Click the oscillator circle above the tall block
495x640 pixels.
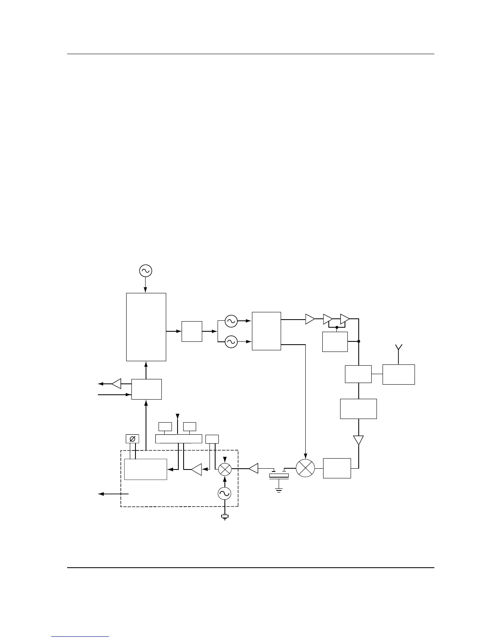[145, 271]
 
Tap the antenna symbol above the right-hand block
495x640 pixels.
[398, 350]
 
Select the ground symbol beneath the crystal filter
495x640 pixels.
[279, 490]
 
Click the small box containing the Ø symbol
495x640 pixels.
[132, 439]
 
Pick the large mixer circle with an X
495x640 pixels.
[305, 468]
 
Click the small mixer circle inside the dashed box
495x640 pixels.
[224, 469]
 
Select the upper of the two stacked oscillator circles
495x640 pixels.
[231, 321]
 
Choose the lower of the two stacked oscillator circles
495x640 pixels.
[231, 342]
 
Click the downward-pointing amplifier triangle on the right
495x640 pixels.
[358, 440]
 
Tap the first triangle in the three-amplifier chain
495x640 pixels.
[310, 319]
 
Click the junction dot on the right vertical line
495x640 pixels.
[359, 341]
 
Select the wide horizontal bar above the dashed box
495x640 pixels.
[179, 439]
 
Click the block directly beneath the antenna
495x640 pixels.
[398, 375]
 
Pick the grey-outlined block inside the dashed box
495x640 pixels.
[146, 469]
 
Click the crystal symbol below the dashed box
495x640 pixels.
[224, 516]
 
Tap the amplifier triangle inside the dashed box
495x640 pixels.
[197, 469]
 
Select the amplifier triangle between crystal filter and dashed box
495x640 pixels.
[254, 469]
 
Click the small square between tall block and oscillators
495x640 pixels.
[192, 331]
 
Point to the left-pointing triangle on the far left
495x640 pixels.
[116, 383]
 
